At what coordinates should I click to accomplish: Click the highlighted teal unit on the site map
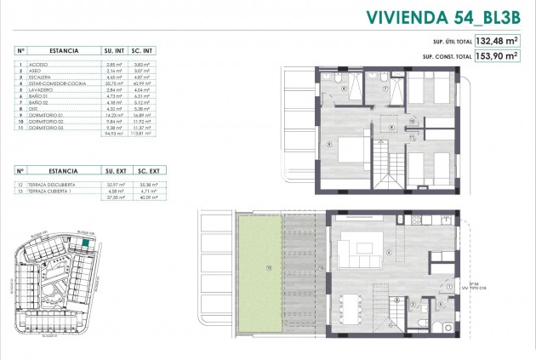click(x=89, y=243)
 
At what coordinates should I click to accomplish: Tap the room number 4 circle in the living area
click(x=389, y=253)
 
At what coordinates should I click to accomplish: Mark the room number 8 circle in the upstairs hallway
click(x=390, y=128)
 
